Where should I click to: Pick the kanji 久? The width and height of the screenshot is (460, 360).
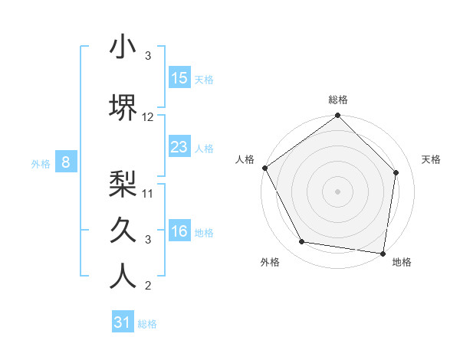pos(123,230)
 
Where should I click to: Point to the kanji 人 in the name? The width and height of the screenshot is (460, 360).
pos(123,277)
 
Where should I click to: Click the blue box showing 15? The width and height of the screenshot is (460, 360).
pos(179,78)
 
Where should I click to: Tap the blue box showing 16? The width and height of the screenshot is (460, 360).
pos(179,231)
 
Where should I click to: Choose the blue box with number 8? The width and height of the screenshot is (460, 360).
pos(66,162)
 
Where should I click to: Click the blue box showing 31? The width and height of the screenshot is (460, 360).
pos(123,322)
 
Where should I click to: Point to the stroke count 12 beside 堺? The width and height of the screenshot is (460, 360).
pos(148,117)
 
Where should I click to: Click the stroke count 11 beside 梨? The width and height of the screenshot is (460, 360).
pos(148,194)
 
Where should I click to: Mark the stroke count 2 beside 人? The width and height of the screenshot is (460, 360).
pos(148,286)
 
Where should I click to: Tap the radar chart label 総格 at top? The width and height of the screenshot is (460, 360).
pos(338,100)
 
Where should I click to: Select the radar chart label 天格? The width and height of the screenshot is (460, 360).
pos(431,159)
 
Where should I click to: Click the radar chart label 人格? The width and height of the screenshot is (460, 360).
pos(245,159)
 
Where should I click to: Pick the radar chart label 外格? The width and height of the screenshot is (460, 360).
pos(270,262)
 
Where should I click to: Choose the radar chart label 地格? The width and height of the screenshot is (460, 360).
pos(402,262)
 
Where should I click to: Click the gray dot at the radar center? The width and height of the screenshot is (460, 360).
pos(337,191)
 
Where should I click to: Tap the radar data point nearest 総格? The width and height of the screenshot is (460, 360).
pos(337,116)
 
